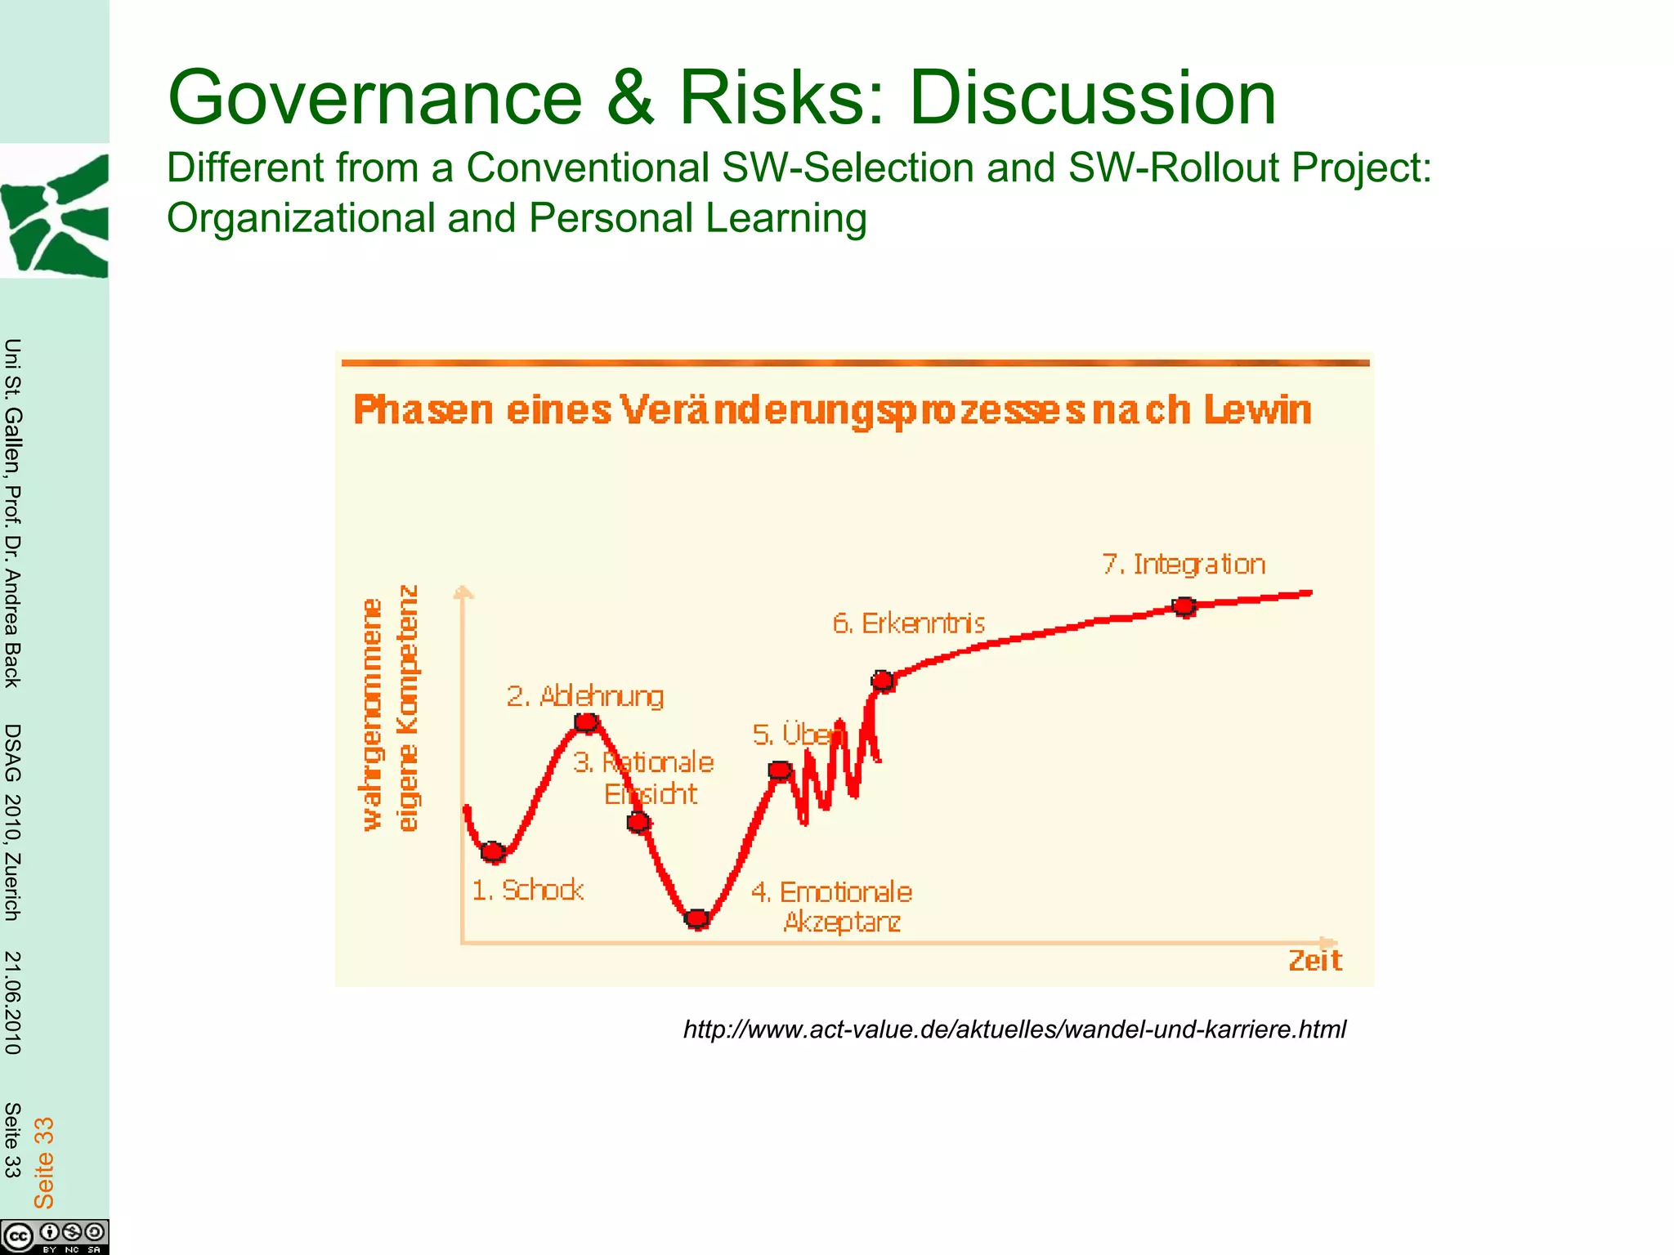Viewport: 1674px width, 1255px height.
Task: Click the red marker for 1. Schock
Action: (x=493, y=852)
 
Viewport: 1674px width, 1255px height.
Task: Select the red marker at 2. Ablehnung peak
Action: (x=586, y=722)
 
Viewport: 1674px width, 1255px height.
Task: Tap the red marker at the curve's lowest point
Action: (x=696, y=919)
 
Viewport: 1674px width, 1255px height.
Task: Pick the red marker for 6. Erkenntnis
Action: (x=883, y=681)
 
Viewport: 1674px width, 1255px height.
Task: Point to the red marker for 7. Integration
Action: (x=1184, y=606)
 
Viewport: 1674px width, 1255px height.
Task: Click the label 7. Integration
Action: (x=1184, y=565)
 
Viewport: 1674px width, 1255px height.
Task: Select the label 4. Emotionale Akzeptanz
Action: (x=831, y=906)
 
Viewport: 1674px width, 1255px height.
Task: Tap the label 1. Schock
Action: (x=528, y=890)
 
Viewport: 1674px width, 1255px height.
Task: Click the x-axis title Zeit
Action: (x=1314, y=961)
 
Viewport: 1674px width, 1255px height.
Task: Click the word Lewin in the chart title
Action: (x=1257, y=410)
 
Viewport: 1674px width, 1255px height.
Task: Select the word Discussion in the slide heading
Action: (x=1092, y=98)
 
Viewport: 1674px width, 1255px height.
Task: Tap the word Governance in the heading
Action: (x=374, y=98)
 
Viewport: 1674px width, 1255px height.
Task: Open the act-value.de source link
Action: (x=1014, y=1029)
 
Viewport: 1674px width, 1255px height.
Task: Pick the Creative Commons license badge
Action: (x=55, y=1236)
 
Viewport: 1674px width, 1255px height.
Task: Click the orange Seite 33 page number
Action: (x=43, y=1163)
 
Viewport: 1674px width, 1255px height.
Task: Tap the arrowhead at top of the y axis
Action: (x=463, y=592)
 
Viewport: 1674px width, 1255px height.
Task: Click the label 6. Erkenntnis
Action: (x=908, y=623)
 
